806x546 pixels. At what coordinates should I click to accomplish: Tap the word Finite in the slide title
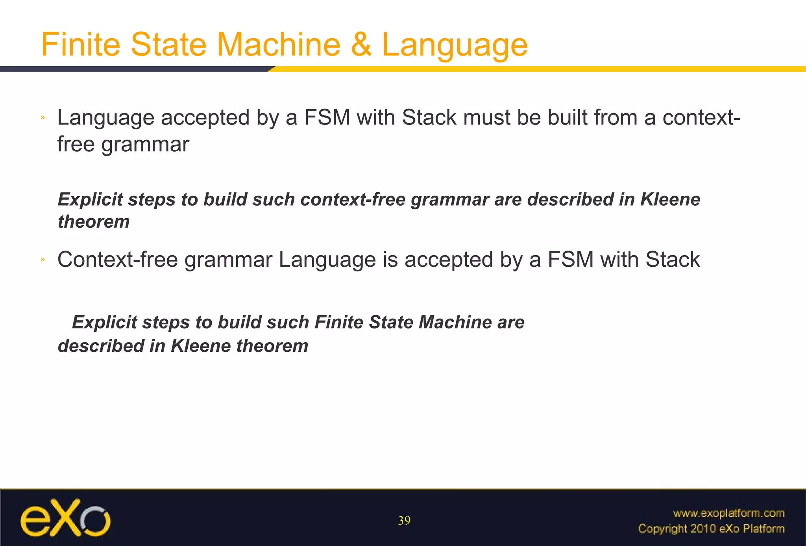pos(80,45)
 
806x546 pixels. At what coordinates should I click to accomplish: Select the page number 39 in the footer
pos(404,520)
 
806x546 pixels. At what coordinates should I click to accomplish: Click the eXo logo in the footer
pos(65,518)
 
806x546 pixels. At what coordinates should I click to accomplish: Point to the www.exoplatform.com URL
pos(728,513)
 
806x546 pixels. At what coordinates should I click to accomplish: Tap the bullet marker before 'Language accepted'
pos(43,117)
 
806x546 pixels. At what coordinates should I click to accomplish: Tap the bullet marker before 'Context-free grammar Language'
pos(43,259)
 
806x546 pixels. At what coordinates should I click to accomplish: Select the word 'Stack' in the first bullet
pos(429,117)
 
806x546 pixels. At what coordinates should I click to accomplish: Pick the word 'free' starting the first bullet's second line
pos(76,144)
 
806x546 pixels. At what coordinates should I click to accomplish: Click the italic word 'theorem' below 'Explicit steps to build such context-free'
pos(94,221)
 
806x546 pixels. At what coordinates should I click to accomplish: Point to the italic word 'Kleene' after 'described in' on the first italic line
pos(670,199)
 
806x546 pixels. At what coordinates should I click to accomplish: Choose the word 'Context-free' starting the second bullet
pos(117,260)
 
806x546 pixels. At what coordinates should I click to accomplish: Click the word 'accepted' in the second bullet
pos(448,260)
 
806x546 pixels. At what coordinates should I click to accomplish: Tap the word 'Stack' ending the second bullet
pos(672,260)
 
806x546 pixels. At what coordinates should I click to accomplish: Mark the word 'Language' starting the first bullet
pos(106,118)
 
